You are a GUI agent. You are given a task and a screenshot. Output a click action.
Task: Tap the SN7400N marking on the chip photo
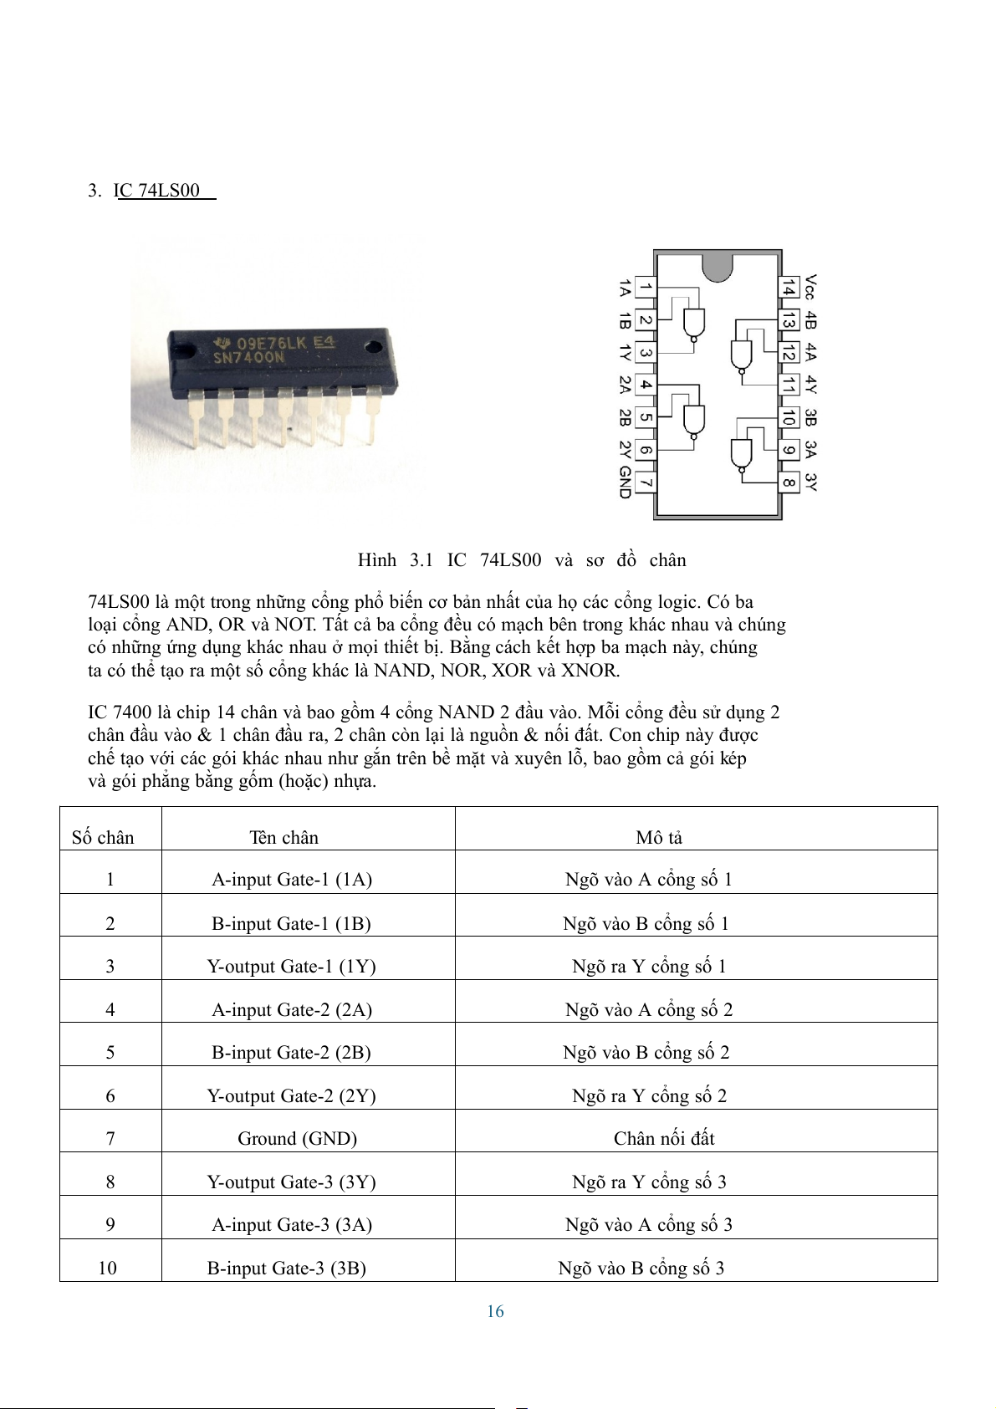tap(248, 358)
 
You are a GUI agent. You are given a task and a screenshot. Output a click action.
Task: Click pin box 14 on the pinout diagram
tap(788, 288)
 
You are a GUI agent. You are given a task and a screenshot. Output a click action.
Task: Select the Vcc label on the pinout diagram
tap(810, 287)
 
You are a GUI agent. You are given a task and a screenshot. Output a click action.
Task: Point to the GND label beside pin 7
tap(625, 482)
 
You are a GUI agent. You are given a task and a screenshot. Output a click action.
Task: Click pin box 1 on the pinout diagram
tap(645, 288)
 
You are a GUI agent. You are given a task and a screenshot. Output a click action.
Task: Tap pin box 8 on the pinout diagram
tap(788, 482)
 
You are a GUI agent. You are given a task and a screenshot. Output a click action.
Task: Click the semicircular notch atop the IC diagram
tap(717, 265)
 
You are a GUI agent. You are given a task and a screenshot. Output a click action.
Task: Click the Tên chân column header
tap(283, 838)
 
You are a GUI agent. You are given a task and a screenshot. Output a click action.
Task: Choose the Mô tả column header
tap(659, 838)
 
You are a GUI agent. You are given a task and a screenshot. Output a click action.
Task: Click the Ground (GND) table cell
tap(297, 1139)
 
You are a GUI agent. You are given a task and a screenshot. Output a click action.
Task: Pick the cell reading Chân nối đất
tap(664, 1139)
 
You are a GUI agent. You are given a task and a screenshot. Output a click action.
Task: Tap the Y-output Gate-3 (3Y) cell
tap(291, 1182)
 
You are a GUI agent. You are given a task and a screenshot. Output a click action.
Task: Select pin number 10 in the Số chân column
tap(108, 1269)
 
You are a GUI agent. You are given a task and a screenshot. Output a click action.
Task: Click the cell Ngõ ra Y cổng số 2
tap(649, 1096)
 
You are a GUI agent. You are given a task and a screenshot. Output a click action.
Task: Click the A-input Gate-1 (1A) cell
tap(292, 880)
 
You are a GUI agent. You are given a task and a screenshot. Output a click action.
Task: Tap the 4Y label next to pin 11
tap(810, 385)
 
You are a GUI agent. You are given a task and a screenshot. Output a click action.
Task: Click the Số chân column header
tap(103, 838)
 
